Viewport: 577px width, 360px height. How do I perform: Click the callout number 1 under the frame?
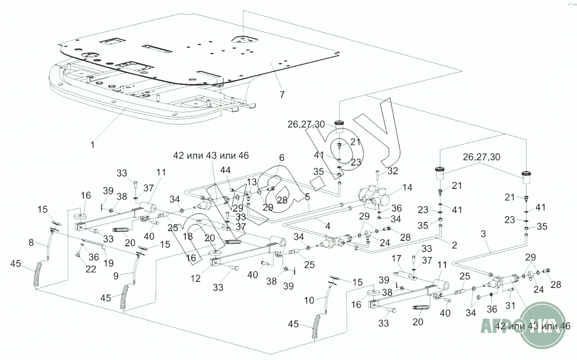pos(92,145)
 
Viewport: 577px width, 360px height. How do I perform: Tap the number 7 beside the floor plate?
pos(281,95)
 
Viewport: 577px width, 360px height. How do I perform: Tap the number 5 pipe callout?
pos(307,197)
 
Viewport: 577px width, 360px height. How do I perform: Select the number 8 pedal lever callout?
pos(31,243)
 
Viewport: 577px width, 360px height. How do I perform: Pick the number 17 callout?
pos(397,259)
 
